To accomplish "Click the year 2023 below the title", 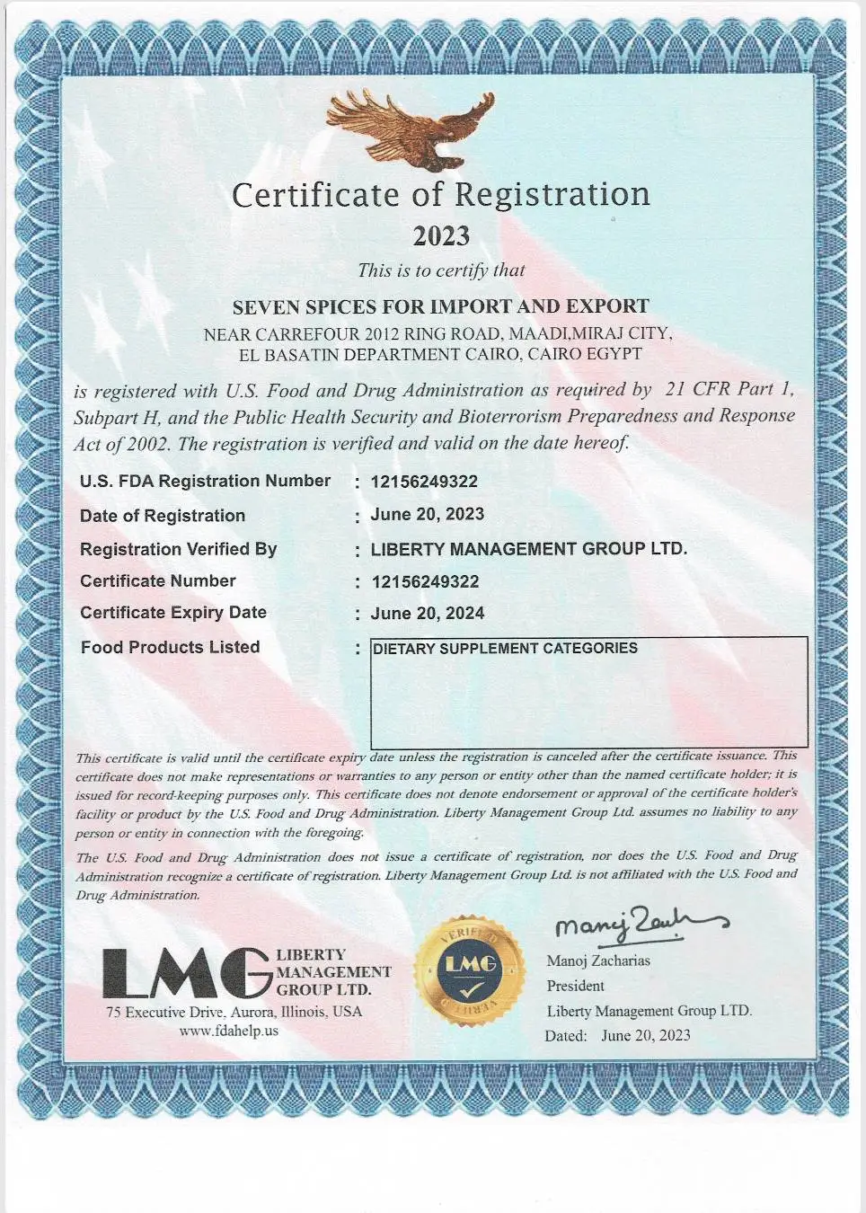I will tap(441, 236).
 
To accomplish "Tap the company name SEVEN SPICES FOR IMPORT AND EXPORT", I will tap(440, 306).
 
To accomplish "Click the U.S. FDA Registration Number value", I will tap(424, 482).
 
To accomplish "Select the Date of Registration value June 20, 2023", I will tap(428, 515).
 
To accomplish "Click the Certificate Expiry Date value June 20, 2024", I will tap(428, 614).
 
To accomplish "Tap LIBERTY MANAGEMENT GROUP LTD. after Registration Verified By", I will tap(529, 549).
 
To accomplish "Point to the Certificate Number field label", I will tap(158, 581).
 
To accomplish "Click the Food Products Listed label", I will tap(170, 647).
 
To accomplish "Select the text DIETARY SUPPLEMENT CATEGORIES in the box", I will tap(505, 649).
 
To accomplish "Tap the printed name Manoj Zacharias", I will tap(598, 961).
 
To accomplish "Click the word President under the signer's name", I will tap(575, 986).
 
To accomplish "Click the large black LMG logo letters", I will tap(186, 974).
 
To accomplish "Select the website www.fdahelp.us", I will tap(229, 1031).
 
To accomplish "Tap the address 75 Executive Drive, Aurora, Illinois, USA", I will tap(234, 1012).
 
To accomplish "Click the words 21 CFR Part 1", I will tap(729, 389).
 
